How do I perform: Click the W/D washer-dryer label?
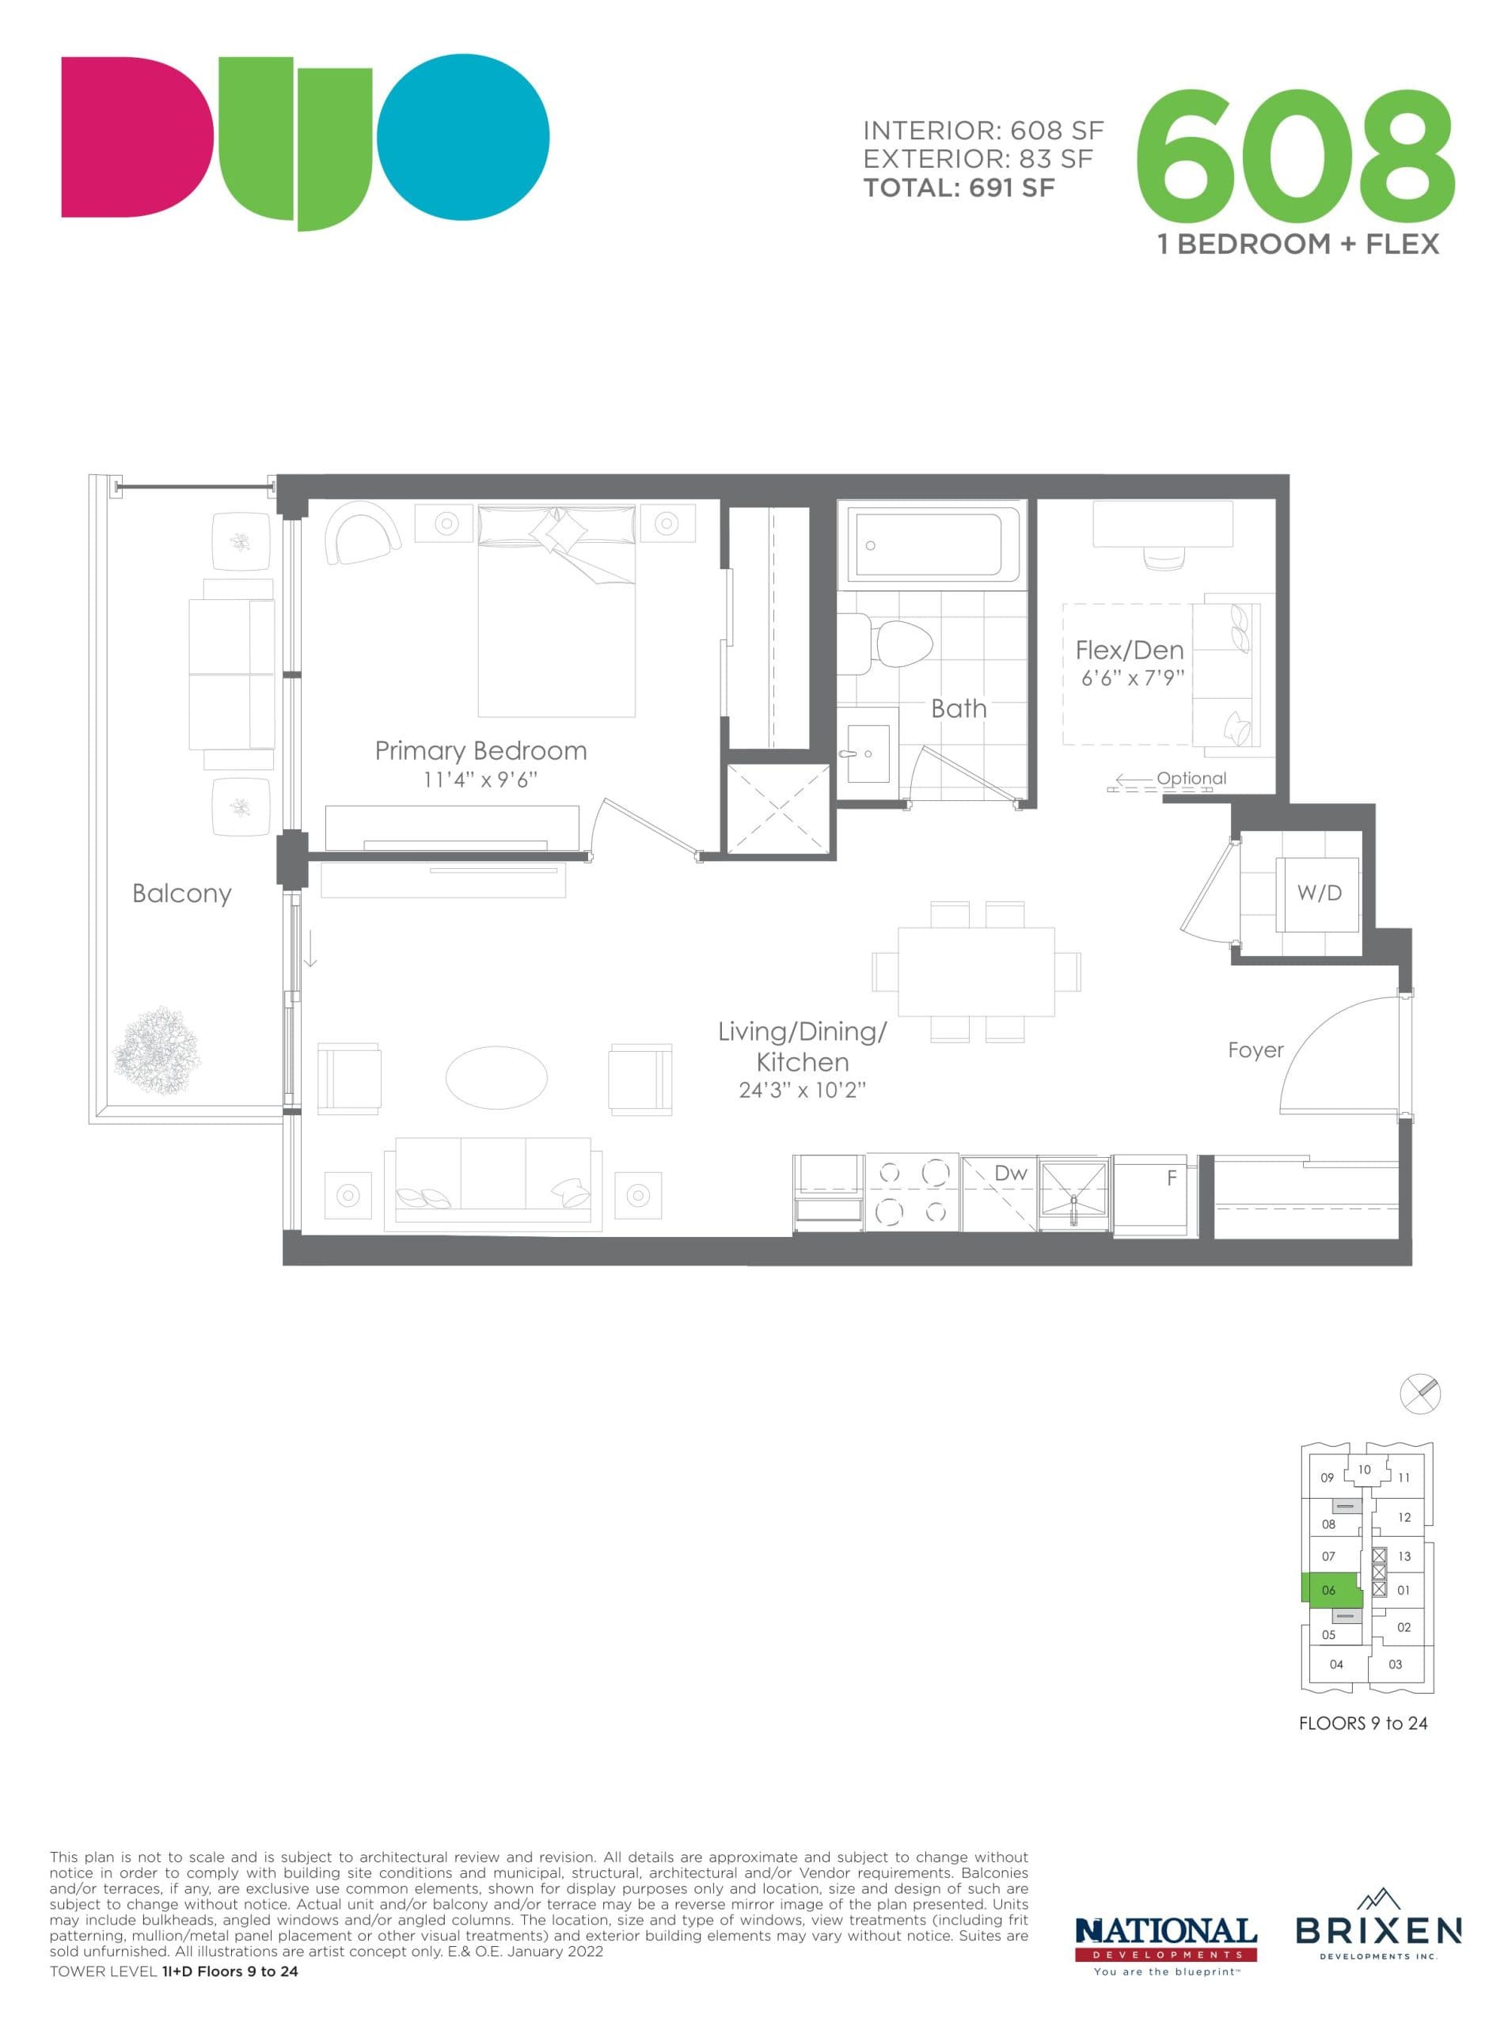[x=1319, y=893]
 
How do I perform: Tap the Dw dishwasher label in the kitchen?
[x=1011, y=1173]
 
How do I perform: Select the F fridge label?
[x=1172, y=1178]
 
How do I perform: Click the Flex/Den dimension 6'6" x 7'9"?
[x=1132, y=678]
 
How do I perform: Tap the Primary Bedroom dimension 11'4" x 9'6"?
[x=481, y=780]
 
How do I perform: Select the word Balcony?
[x=181, y=893]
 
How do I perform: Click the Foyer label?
[x=1255, y=1049]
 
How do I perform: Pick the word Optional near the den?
[x=1191, y=779]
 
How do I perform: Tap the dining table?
[x=976, y=971]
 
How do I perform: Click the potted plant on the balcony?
[x=156, y=1051]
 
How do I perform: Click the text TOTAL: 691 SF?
[x=959, y=188]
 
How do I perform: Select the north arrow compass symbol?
[x=1419, y=1394]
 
